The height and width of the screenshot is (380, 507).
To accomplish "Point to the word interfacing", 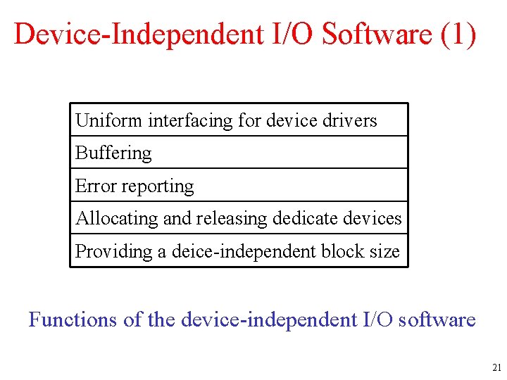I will pos(190,120).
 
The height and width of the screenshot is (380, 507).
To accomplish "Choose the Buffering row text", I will pos(113,153).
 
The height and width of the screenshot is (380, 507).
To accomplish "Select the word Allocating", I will pos(117,219).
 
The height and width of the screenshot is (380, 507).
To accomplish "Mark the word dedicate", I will pos(300,219).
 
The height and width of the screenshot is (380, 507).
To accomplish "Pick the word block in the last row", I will pos(348,251).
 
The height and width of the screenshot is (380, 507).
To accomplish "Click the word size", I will pos(387,251).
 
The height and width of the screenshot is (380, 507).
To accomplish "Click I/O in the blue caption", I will pos(376,319).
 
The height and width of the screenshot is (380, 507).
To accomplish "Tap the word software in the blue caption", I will pos(436,319).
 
